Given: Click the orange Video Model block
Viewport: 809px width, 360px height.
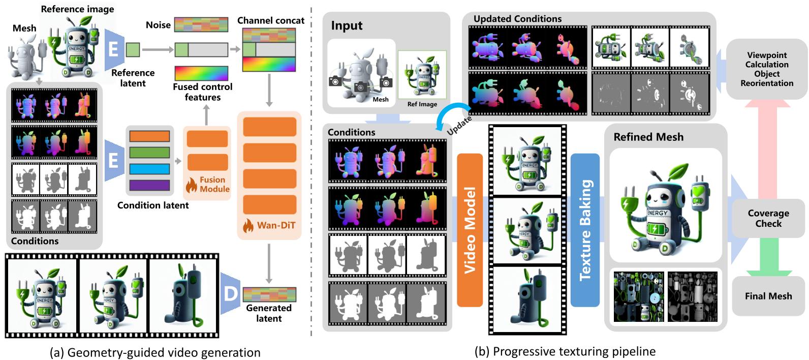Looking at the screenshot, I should [x=470, y=230].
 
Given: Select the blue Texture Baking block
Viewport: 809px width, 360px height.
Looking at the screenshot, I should [x=585, y=230].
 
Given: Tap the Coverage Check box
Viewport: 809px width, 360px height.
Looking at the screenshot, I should [x=768, y=219].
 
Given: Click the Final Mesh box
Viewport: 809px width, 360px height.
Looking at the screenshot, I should [x=768, y=296].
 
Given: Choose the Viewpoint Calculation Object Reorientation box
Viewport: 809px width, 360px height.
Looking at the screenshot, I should [x=766, y=69].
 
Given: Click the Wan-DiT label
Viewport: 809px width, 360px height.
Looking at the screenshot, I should [x=275, y=225].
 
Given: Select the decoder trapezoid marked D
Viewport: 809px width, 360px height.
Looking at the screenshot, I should [x=230, y=293].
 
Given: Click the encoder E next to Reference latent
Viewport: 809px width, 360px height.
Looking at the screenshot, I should [x=114, y=49].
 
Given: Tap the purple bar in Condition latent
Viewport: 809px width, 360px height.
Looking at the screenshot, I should [x=149, y=185].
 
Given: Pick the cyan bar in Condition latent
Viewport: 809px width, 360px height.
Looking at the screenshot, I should [x=149, y=169].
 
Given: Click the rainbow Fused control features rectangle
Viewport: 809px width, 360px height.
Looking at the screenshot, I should [x=201, y=73].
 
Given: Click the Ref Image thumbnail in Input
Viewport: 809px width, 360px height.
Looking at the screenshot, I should [x=422, y=75].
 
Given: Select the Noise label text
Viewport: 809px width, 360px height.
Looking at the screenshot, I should [x=158, y=25].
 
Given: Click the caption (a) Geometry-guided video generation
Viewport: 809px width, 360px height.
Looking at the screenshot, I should [x=155, y=352].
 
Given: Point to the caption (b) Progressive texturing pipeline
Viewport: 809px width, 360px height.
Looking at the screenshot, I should [x=565, y=351].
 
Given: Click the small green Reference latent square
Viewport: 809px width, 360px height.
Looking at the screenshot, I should [x=133, y=50].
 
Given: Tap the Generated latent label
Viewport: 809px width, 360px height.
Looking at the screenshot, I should [x=269, y=313].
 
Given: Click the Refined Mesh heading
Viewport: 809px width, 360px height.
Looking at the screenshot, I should [x=648, y=137].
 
